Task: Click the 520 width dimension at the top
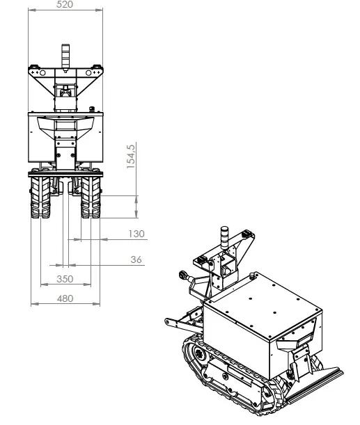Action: click(x=64, y=4)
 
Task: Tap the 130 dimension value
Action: click(x=136, y=234)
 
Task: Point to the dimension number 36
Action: click(x=136, y=259)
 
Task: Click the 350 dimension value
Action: click(x=64, y=279)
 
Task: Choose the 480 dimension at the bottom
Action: click(x=64, y=298)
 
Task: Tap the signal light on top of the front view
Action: click(x=65, y=57)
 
